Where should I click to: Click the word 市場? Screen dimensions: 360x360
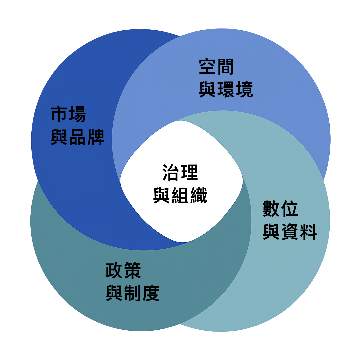tap(68, 114)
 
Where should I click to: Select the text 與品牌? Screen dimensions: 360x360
tap(77, 137)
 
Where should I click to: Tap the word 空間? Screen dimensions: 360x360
tap(217, 67)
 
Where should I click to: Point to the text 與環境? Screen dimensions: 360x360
tap(226, 89)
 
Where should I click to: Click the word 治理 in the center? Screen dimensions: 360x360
tap(180, 172)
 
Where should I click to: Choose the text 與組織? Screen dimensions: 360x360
tap(180, 195)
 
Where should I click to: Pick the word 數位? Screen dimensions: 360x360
tap(280, 209)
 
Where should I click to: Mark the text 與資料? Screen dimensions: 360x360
tap(290, 232)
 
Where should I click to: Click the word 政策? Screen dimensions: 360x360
tap(123, 270)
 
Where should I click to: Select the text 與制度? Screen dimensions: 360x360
tap(133, 293)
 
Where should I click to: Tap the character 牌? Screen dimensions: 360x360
tap(96, 137)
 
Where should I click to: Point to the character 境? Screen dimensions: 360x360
tap(244, 89)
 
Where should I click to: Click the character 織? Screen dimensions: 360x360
tap(199, 195)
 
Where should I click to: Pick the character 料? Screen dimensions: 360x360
tap(308, 232)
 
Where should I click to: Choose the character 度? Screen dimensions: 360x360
tap(151, 293)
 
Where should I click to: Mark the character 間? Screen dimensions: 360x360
tap(226, 67)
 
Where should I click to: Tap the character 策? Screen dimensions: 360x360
tap(132, 270)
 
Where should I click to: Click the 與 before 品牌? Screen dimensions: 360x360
tap(59, 137)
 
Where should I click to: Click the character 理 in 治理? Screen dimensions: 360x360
tap(189, 172)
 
